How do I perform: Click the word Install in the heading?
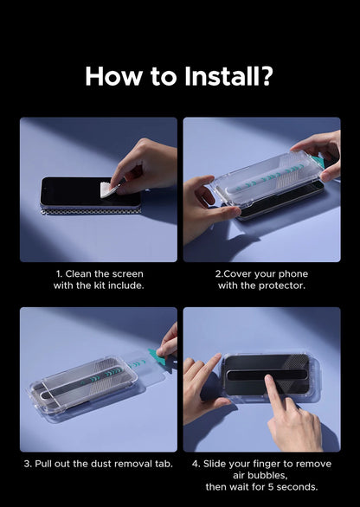click(x=222, y=76)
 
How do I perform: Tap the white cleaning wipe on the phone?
click(x=108, y=189)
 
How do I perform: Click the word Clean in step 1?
click(x=79, y=274)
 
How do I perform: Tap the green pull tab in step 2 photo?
click(x=318, y=161)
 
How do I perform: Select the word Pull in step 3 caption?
click(x=43, y=464)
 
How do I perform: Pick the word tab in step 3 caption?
click(x=164, y=464)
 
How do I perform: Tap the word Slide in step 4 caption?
click(x=214, y=464)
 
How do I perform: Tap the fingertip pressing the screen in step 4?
click(x=269, y=379)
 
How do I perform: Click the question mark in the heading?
click(x=267, y=76)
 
